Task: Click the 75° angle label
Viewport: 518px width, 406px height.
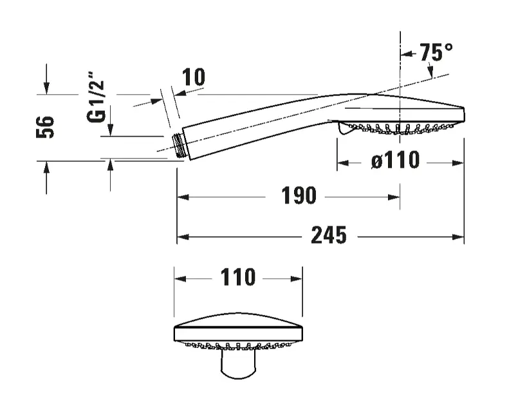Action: pyautogui.click(x=436, y=52)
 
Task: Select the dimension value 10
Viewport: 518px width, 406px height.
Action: pyautogui.click(x=194, y=77)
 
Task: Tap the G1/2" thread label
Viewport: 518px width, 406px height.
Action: pyautogui.click(x=96, y=97)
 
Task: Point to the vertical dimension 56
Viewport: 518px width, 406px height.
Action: pyautogui.click(x=45, y=127)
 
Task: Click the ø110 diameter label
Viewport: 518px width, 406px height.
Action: pyautogui.click(x=396, y=160)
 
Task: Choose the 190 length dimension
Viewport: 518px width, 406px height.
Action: pyautogui.click(x=299, y=195)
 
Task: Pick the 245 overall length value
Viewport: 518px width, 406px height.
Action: pyautogui.click(x=329, y=235)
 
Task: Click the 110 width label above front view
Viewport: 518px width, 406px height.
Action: pyautogui.click(x=238, y=277)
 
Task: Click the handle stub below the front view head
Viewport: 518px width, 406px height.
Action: pyautogui.click(x=238, y=364)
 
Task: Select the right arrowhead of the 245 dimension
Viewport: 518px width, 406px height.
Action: pyautogui.click(x=458, y=237)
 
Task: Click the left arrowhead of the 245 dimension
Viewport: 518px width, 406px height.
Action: pyautogui.click(x=183, y=237)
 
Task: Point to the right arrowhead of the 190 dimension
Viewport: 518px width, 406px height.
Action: pyautogui.click(x=394, y=197)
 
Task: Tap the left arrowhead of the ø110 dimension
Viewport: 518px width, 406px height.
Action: pyautogui.click(x=343, y=163)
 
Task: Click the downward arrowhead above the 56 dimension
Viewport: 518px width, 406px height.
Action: pyautogui.click(x=46, y=88)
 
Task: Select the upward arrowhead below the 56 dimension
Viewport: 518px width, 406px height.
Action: pyautogui.click(x=46, y=168)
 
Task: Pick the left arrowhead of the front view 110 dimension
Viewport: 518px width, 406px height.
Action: pyautogui.click(x=180, y=279)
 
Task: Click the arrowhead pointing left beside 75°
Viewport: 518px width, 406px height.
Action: pyautogui.click(x=406, y=53)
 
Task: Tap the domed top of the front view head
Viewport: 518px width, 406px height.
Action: pyautogui.click(x=238, y=320)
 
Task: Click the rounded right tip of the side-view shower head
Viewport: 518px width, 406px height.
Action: pyautogui.click(x=463, y=114)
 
